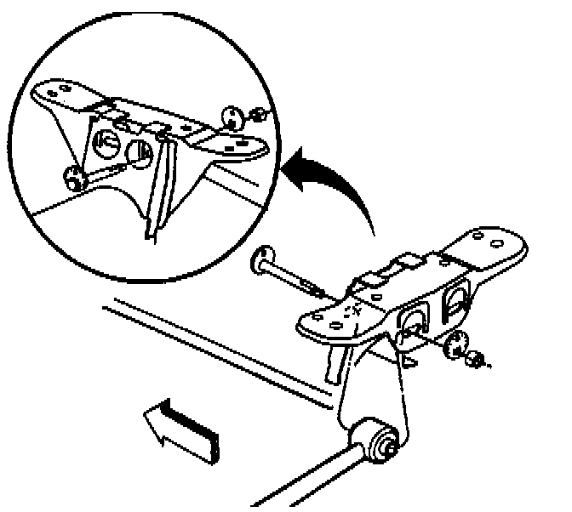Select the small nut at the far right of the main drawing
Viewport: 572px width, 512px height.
pos(475,359)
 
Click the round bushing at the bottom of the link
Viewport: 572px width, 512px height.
pos(380,441)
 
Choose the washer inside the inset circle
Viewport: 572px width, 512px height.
pos(232,116)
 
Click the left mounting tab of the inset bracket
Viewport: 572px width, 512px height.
pos(60,92)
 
